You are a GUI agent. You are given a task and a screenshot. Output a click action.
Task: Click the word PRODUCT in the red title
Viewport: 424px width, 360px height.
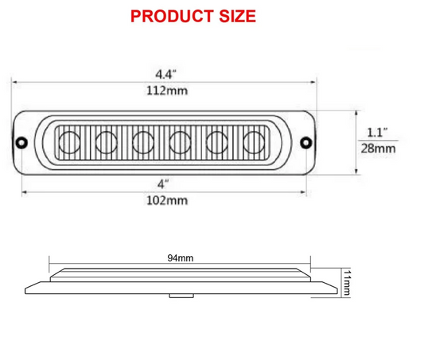click(172, 16)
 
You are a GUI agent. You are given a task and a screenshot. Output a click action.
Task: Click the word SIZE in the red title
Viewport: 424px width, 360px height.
click(237, 16)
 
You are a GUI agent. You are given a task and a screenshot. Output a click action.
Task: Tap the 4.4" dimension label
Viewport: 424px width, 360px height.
click(165, 74)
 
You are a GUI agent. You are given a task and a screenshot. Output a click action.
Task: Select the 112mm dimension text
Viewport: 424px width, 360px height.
click(167, 91)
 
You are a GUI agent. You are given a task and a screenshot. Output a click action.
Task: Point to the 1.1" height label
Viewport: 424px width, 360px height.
click(377, 133)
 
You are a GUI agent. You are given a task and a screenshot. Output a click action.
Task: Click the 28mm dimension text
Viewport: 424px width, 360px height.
click(378, 149)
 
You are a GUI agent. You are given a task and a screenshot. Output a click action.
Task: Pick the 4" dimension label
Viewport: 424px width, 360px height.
click(163, 184)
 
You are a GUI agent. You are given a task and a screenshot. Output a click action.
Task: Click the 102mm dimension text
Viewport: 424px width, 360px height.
click(167, 200)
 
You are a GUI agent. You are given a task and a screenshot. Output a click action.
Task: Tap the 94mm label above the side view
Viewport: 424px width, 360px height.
click(181, 258)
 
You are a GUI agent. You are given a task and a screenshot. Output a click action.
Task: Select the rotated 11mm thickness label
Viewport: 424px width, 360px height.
click(346, 282)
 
